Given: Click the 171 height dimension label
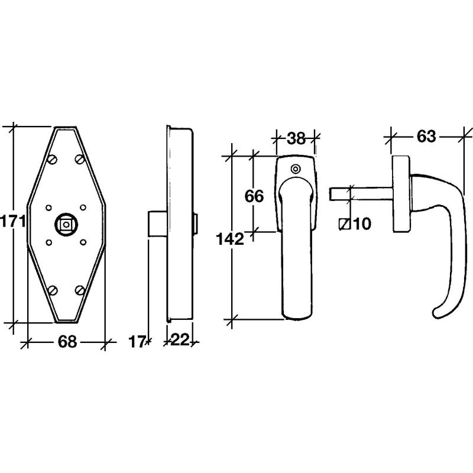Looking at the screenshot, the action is (x=13, y=222).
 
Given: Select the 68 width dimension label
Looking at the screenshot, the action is (x=67, y=342).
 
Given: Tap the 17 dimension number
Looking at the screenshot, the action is (x=137, y=342).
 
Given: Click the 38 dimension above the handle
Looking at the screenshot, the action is (x=296, y=138).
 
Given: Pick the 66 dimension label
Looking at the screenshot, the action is (x=254, y=196).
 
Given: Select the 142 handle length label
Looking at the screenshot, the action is (x=230, y=239).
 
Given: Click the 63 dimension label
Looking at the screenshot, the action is (x=426, y=137).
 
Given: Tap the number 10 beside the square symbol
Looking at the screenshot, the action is (x=362, y=224).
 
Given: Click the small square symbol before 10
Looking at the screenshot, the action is (x=344, y=224).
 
